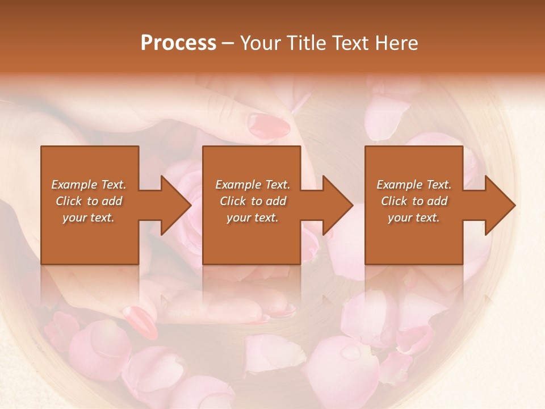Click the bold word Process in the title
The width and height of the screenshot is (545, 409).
(178, 43)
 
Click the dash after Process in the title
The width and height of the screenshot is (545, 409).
(228, 44)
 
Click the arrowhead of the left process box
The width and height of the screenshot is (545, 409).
(175, 205)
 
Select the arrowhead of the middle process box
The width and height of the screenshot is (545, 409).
(337, 205)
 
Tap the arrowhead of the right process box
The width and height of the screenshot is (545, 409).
(500, 205)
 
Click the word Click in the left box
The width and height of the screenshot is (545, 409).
(69, 201)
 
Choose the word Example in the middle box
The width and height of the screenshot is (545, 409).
(234, 185)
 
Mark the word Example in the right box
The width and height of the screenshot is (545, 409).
(396, 185)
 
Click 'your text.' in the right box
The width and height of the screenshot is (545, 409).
(413, 218)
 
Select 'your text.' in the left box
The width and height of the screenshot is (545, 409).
(89, 218)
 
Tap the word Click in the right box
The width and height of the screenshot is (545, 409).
(395, 201)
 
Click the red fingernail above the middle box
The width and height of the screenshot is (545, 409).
(269, 124)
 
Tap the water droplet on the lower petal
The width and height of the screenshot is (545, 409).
(350, 353)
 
